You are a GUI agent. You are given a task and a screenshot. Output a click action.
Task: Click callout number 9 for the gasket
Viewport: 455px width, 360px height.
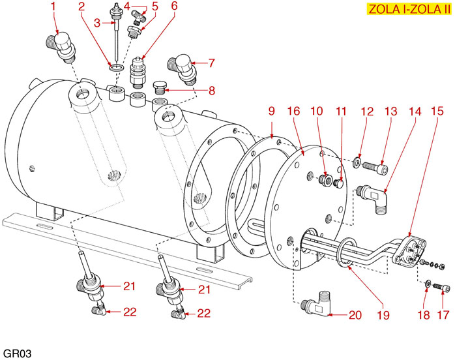click(x=272, y=112)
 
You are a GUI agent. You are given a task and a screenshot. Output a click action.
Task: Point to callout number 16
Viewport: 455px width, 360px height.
click(x=294, y=112)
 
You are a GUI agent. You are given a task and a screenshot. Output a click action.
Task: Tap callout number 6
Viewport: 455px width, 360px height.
click(x=174, y=7)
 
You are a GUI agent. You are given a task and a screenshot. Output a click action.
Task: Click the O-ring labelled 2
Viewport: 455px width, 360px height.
click(x=117, y=67)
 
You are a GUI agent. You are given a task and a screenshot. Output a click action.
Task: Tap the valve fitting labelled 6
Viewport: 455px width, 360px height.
click(x=139, y=70)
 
